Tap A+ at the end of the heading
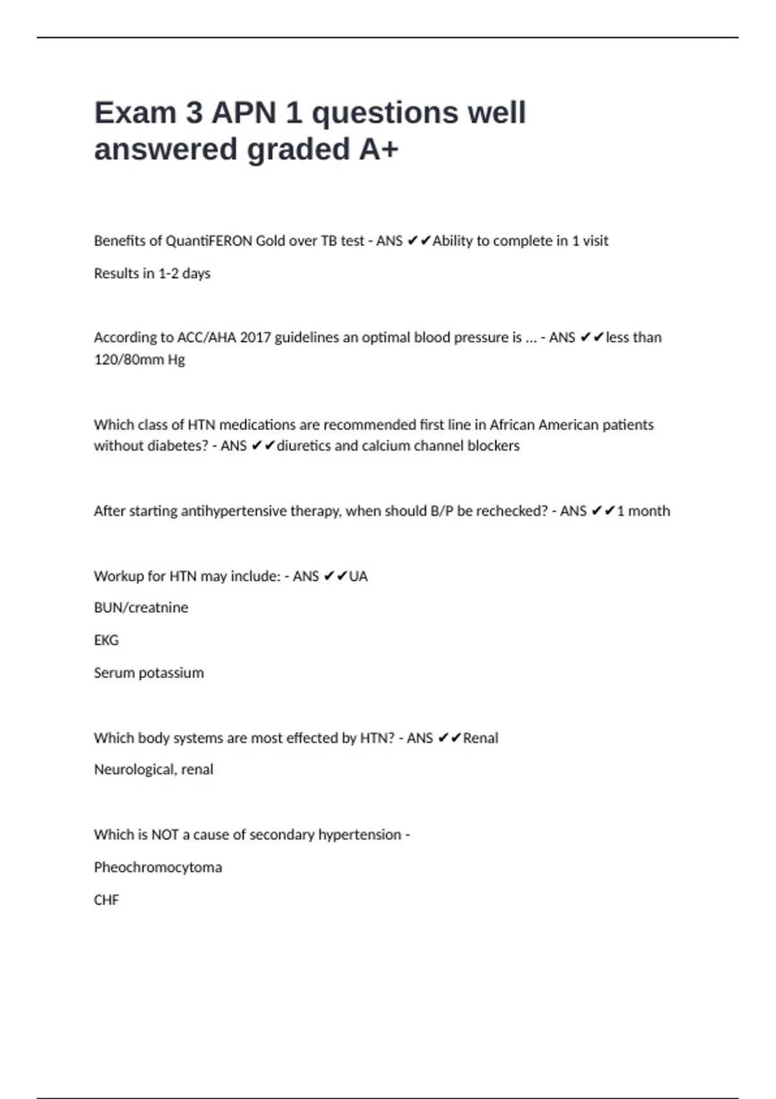(x=379, y=149)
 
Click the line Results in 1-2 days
(x=152, y=273)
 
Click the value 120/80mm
(x=129, y=359)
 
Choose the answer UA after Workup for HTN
(x=358, y=576)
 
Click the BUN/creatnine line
(x=141, y=608)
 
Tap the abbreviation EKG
(x=106, y=640)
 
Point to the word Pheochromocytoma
(x=158, y=867)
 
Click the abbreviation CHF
(x=106, y=900)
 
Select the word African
(x=512, y=425)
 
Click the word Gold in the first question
(x=272, y=241)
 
